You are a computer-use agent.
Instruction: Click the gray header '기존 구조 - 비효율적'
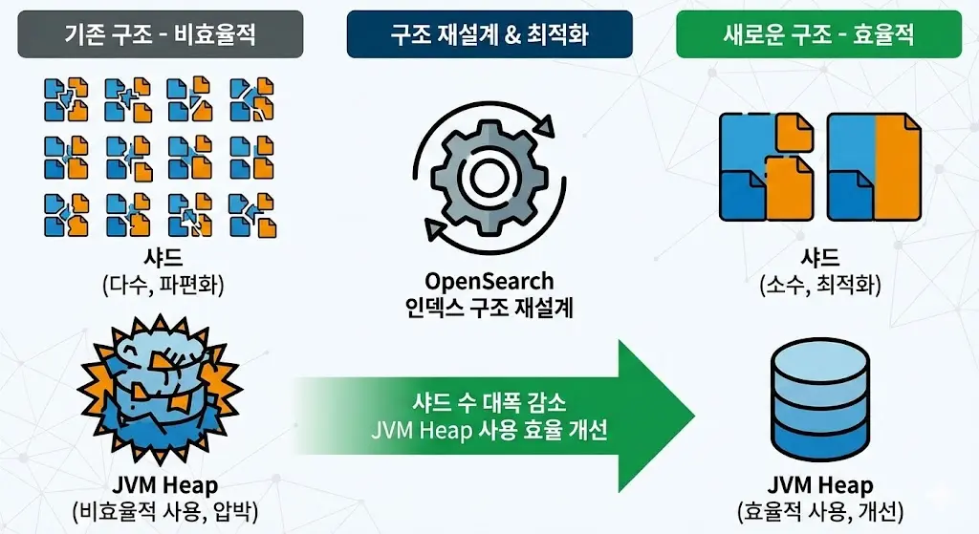161,34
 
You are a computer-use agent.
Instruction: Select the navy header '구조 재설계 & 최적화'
489,34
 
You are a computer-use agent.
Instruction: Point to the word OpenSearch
489,282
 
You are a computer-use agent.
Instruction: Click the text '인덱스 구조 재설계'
489,308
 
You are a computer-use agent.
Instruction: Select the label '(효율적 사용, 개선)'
820,510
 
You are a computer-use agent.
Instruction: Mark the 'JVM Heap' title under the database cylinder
820,485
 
